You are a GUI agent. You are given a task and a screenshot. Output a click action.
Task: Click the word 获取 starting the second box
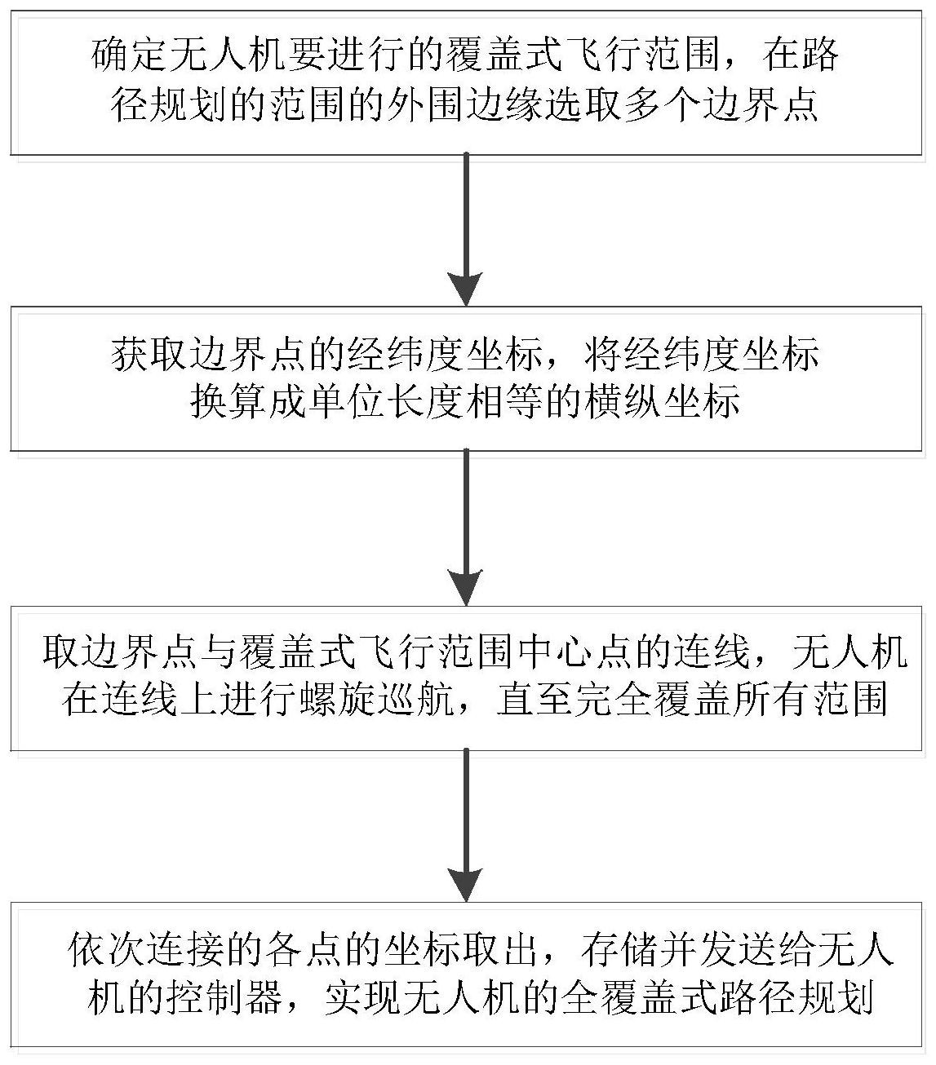[149, 354]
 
